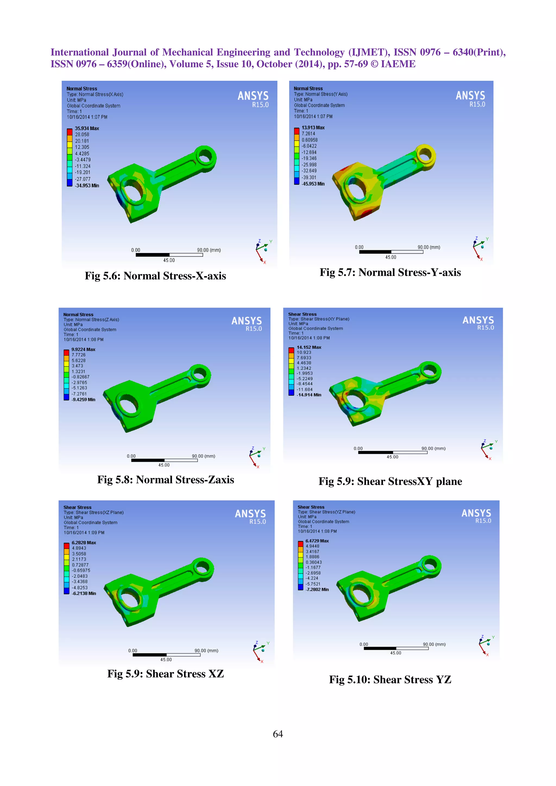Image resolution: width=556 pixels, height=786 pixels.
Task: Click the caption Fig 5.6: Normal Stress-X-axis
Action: [x=155, y=276]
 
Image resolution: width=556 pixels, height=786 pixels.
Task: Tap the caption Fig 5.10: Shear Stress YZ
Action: [x=390, y=679]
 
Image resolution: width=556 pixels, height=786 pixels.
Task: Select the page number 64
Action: [x=278, y=734]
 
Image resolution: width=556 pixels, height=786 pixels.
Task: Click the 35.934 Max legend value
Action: [x=87, y=128]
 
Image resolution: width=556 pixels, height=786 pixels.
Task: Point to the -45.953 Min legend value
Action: [x=313, y=184]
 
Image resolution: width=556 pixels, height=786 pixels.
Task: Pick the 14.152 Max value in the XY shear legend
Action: [x=309, y=347]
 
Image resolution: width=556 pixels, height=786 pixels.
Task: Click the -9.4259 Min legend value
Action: [x=83, y=400]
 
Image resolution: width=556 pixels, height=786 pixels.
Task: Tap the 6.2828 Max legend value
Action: [x=84, y=543]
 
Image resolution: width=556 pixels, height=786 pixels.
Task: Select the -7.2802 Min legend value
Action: [x=317, y=590]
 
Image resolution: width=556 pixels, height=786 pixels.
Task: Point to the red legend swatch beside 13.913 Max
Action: [x=297, y=131]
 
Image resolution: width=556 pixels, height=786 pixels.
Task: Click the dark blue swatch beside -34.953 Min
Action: [x=69, y=183]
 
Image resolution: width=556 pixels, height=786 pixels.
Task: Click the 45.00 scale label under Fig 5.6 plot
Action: [x=169, y=260]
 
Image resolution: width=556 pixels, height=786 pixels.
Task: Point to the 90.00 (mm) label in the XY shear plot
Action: [x=433, y=448]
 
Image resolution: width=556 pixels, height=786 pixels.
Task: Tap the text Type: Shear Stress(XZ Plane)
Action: [x=93, y=513]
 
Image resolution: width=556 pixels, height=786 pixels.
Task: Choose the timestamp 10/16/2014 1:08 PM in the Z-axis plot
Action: [x=83, y=340]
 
